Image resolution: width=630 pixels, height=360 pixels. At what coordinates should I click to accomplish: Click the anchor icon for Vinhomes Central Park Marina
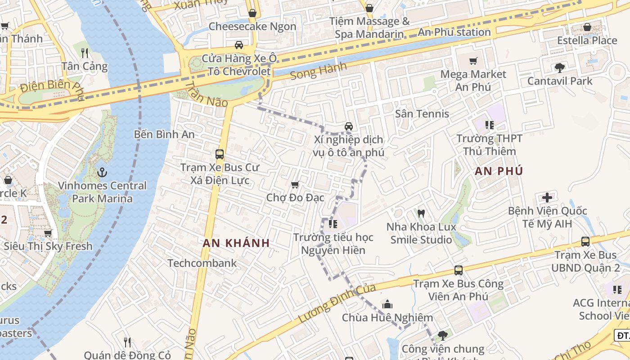pyautogui.click(x=102, y=172)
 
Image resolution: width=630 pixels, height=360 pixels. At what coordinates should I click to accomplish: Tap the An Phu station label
pyautogui.click(x=454, y=32)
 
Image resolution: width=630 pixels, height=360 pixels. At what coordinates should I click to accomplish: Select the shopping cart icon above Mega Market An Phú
pyautogui.click(x=473, y=61)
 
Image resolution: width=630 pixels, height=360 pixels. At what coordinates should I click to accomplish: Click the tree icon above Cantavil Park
pyautogui.click(x=560, y=68)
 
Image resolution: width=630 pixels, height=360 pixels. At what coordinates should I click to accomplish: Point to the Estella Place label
pyautogui.click(x=587, y=40)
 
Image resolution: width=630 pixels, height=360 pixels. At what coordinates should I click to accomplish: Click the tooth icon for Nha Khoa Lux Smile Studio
pyautogui.click(x=421, y=213)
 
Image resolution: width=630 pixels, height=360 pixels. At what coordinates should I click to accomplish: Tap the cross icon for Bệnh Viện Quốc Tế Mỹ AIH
pyautogui.click(x=547, y=197)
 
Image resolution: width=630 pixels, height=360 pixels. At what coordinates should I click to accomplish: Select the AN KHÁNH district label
pyautogui.click(x=236, y=243)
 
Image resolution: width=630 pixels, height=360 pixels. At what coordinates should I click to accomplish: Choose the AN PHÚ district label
pyautogui.click(x=499, y=171)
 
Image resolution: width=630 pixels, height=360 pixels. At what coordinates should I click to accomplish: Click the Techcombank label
pyautogui.click(x=202, y=263)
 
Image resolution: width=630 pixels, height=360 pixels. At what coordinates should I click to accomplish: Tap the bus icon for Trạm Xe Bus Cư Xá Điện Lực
pyautogui.click(x=220, y=154)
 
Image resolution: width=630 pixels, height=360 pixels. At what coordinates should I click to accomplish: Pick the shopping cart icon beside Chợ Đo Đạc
pyautogui.click(x=295, y=184)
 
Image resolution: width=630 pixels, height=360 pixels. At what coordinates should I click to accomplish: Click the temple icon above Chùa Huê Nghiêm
pyautogui.click(x=387, y=304)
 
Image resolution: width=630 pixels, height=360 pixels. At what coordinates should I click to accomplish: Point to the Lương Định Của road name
pyautogui.click(x=330, y=303)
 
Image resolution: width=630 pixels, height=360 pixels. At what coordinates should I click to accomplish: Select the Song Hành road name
pyautogui.click(x=319, y=71)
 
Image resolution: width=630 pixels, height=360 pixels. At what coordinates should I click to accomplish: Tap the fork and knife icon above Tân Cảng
pyautogui.click(x=85, y=53)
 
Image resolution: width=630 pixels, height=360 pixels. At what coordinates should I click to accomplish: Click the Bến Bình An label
pyautogui.click(x=164, y=135)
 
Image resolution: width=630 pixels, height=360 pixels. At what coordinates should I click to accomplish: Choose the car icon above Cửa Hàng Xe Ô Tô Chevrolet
pyautogui.click(x=239, y=45)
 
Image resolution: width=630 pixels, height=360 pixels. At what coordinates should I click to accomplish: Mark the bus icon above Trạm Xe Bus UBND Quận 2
pyautogui.click(x=585, y=241)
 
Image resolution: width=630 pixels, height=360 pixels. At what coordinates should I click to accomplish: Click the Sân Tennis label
pyautogui.click(x=422, y=114)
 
